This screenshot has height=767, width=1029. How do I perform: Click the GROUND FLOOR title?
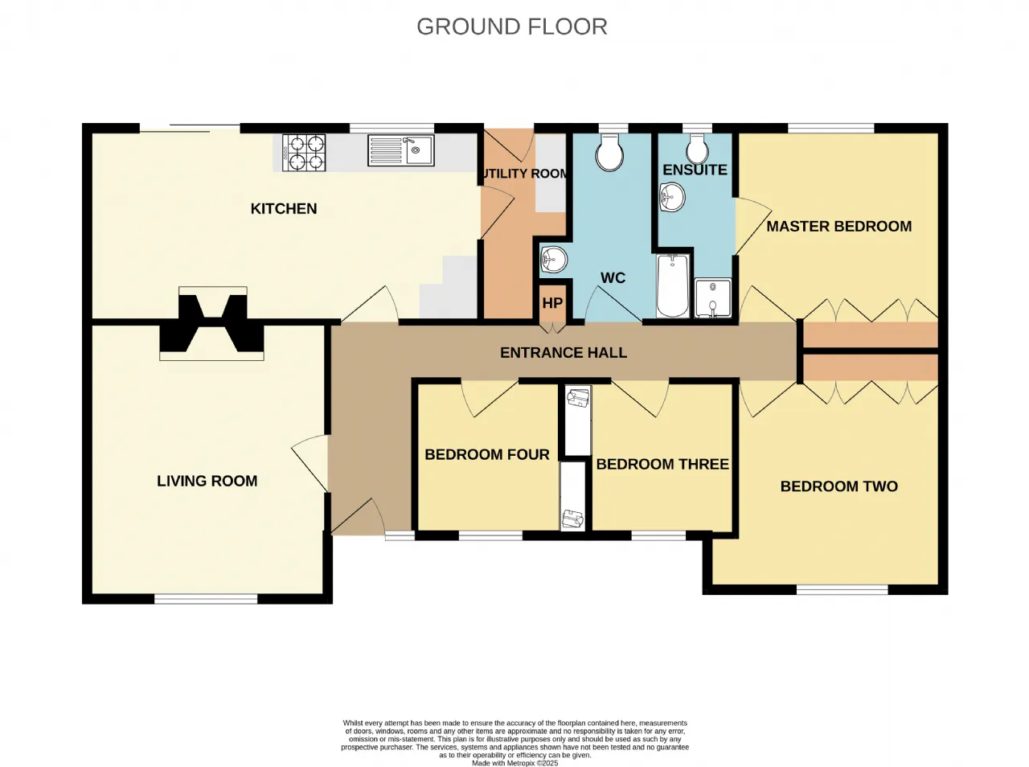coord(512,27)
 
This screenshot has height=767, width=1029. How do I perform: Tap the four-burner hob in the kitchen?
coord(304,153)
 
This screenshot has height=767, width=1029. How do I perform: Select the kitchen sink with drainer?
coord(401,150)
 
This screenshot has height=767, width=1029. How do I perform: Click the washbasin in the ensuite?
coord(672,197)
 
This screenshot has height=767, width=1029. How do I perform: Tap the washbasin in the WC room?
coord(554,259)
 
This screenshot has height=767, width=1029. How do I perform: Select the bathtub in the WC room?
coord(673,286)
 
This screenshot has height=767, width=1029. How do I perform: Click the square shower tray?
coord(713,298)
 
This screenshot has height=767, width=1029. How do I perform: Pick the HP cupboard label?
coord(552,303)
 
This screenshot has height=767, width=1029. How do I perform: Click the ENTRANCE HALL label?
coord(564,353)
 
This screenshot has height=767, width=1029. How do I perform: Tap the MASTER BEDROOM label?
coord(839,227)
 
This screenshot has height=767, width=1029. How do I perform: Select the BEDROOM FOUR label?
coord(487,454)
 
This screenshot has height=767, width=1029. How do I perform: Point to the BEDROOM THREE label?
coord(662,464)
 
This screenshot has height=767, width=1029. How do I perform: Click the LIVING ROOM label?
coord(207,481)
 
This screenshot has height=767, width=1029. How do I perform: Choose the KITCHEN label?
coord(284,208)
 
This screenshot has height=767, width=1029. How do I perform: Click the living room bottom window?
coord(207,599)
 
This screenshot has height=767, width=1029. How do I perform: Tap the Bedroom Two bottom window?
coord(842,590)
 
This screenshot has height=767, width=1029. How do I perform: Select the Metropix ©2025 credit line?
coord(515,763)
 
